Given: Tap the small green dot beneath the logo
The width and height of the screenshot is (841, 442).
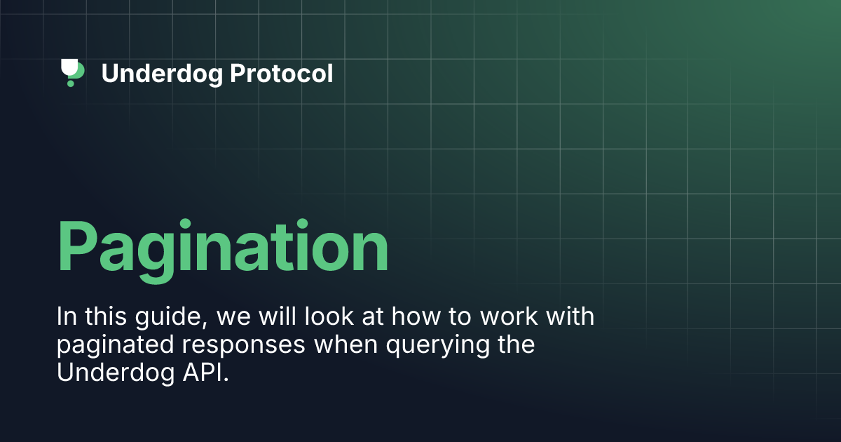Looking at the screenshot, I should point(70,83).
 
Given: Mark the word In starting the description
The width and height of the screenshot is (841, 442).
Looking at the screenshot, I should point(65,316).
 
